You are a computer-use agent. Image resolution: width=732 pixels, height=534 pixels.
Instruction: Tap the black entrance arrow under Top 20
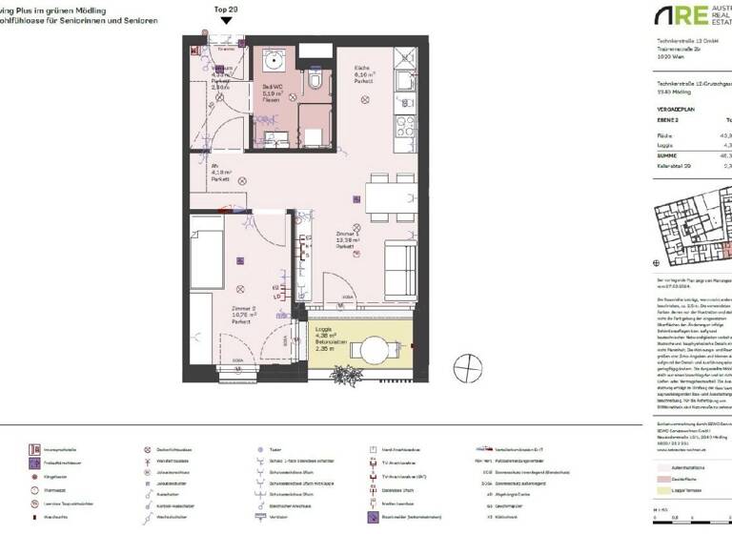225,20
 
